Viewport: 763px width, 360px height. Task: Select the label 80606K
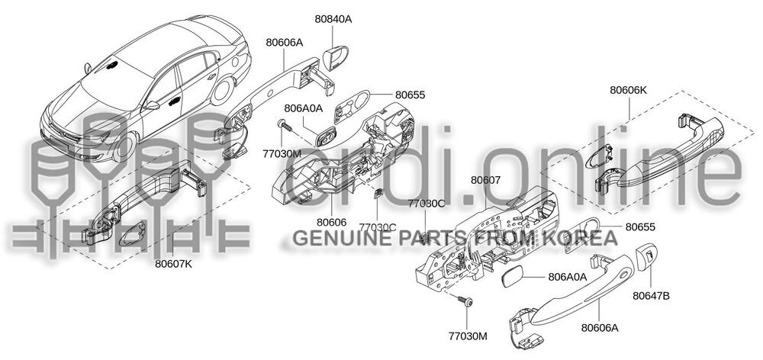pos(628,90)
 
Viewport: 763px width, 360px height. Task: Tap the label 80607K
pos(173,265)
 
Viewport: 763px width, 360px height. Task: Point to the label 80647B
pos(650,295)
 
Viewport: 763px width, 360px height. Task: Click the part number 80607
pos(485,181)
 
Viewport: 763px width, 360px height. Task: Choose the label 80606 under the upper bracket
pos(332,221)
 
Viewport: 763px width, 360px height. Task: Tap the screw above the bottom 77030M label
pos(465,304)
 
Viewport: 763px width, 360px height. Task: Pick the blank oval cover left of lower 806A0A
pos(515,275)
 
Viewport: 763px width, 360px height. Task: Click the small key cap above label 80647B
pos(648,255)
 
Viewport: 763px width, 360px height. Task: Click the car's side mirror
pos(151,106)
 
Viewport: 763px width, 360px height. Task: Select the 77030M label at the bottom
pos(468,336)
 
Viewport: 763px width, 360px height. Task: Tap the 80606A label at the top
pos(284,43)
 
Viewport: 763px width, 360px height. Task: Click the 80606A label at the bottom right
pos(599,328)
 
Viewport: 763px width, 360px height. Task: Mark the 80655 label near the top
pos(410,95)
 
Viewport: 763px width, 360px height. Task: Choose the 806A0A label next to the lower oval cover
pos(567,277)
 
